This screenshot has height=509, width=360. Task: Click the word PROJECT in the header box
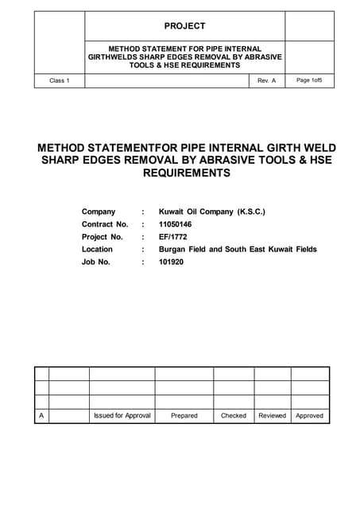click(184, 26)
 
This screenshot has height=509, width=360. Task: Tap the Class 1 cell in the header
click(60, 81)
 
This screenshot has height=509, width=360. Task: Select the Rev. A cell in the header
click(266, 81)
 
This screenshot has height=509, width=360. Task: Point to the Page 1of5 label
click(309, 80)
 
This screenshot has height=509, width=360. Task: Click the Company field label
click(99, 212)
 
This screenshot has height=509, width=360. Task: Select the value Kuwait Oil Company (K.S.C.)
click(212, 212)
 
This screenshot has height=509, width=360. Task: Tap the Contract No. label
click(105, 224)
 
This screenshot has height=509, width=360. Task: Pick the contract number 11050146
click(176, 224)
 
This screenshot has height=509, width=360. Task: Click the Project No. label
click(103, 237)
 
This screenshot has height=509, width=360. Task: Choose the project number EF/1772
click(174, 237)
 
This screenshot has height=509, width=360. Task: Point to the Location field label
click(97, 249)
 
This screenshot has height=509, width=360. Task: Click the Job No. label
click(96, 262)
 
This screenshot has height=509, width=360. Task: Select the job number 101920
click(171, 262)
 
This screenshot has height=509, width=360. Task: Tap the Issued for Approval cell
click(122, 415)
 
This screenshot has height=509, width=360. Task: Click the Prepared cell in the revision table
click(184, 415)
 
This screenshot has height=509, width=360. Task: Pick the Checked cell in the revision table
click(234, 415)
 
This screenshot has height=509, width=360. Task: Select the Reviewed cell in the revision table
click(272, 415)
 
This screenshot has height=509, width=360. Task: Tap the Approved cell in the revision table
click(309, 415)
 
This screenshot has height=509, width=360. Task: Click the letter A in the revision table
click(41, 415)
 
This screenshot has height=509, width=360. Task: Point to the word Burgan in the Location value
click(173, 249)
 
